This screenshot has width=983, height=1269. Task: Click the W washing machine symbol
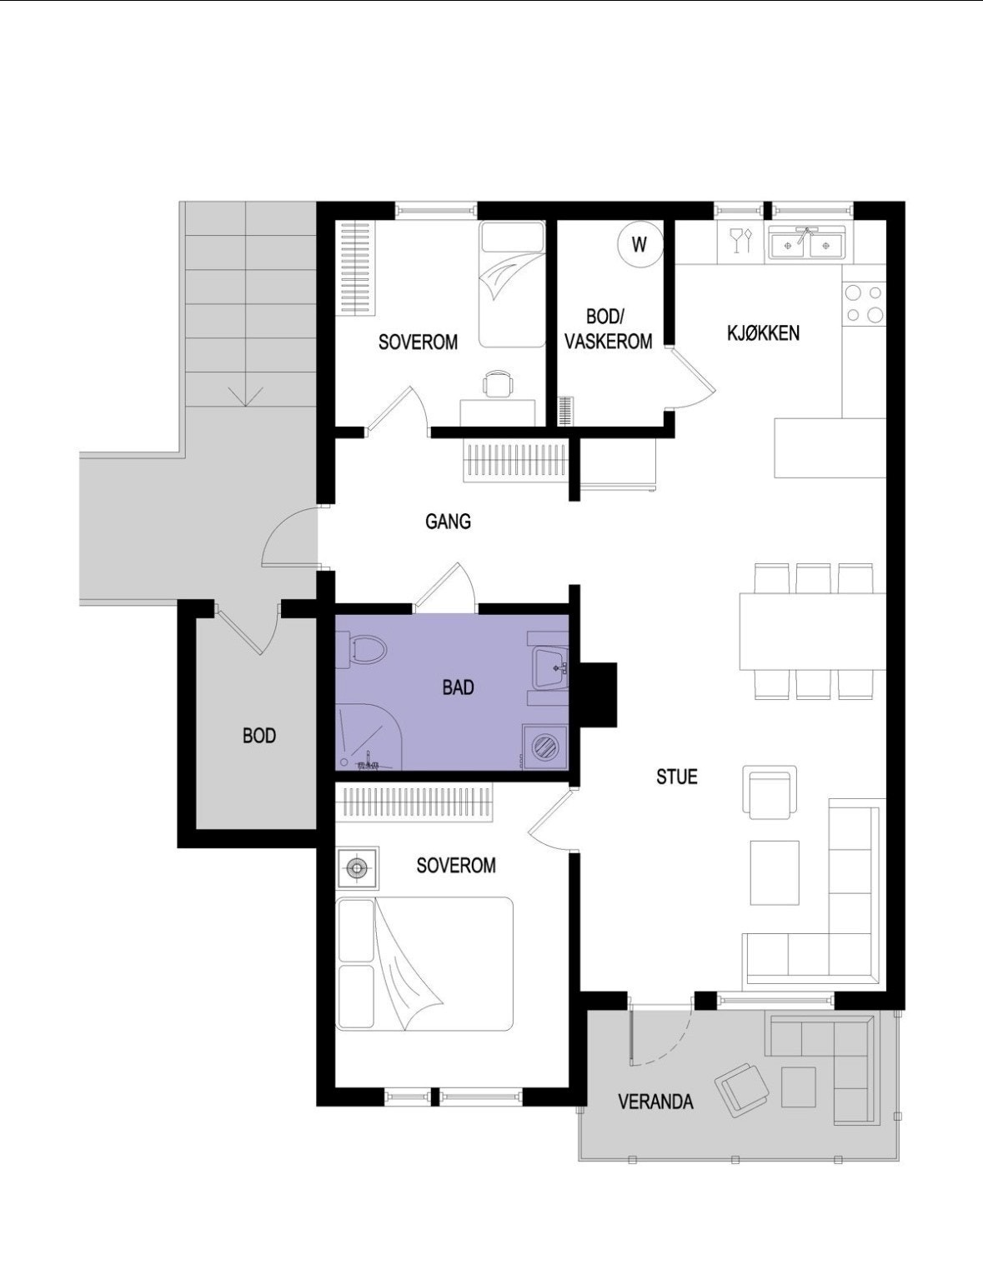639,245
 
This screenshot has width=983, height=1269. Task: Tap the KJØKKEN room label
763,333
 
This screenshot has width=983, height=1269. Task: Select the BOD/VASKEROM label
608,329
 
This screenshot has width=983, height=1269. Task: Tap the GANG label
448,522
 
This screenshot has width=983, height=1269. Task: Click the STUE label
676,777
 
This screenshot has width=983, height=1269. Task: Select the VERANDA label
655,1102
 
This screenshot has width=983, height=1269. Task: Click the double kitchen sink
805,244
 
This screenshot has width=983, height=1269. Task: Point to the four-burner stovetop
864,303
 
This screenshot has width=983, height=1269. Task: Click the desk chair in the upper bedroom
498,384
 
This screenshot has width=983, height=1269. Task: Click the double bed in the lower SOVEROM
424,963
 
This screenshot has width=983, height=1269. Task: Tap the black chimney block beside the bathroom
598,693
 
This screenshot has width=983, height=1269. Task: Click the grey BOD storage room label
258,736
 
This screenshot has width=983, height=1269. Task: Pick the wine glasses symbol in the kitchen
740,241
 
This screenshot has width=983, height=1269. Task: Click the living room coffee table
774,872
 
